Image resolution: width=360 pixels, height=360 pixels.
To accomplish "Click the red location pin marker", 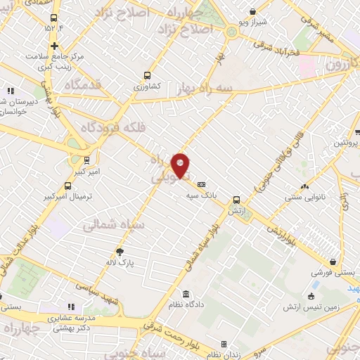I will click(x=181, y=165).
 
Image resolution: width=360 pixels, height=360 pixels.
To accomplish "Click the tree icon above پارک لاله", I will click(x=120, y=252).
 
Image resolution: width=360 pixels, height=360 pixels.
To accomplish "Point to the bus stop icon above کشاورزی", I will click(x=147, y=75).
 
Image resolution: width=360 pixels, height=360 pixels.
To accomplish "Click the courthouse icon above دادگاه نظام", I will click(x=186, y=294).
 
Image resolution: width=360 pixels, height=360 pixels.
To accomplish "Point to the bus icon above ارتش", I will click(x=236, y=200).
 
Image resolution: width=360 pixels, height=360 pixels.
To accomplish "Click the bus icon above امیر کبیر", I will click(x=86, y=160).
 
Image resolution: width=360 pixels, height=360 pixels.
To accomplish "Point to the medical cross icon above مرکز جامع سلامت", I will click(x=54, y=46).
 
